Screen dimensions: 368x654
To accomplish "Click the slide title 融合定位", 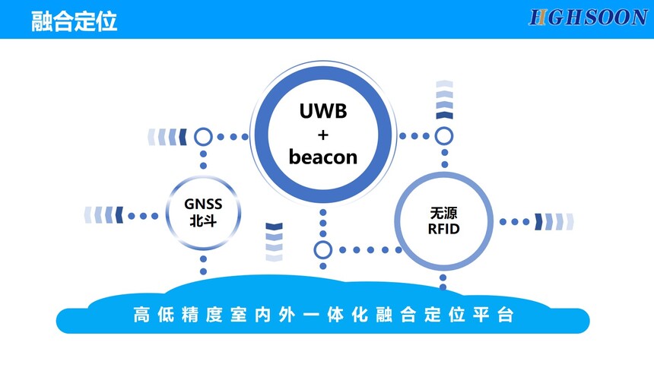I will tap(75, 21).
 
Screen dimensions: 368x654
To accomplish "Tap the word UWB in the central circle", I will tap(322, 111).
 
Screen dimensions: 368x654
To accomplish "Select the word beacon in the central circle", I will tap(323, 157).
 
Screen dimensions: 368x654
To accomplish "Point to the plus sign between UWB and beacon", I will tap(322, 135).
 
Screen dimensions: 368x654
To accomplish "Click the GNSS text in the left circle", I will tap(203, 204).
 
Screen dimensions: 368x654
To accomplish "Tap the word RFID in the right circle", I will tap(444, 228).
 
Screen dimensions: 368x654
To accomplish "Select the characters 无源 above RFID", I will tap(444, 212).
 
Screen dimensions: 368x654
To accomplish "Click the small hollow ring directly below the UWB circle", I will tap(323, 249).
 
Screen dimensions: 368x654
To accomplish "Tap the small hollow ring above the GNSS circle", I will tap(203, 137).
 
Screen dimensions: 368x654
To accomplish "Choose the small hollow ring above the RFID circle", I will tap(444, 136).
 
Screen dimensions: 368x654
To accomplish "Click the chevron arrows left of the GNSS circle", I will tap(103, 215).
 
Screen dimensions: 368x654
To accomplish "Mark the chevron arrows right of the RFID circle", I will tap(554, 221).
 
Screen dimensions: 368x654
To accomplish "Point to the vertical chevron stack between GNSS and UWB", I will tap(274, 242).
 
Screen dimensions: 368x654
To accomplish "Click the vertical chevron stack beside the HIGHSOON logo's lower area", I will tap(444, 99).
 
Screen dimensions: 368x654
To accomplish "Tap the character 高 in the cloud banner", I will tap(139, 314).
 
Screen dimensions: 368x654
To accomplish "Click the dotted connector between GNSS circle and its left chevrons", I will tap(142, 216).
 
